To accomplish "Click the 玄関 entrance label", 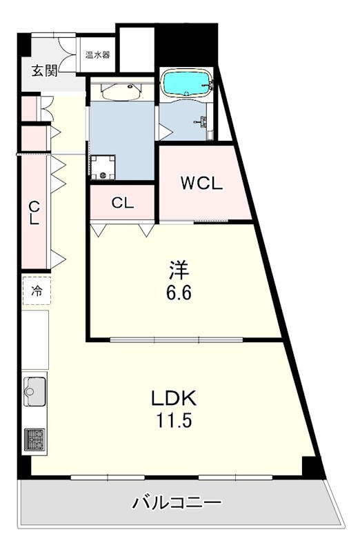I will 43,70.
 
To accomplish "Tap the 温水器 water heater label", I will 97,55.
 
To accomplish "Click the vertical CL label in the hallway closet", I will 32,213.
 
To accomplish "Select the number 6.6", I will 178,292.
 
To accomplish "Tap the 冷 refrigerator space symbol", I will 37,290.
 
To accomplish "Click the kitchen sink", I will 34,393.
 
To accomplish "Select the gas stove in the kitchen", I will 34,439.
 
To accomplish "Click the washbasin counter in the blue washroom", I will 121,91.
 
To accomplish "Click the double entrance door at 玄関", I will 68,51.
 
